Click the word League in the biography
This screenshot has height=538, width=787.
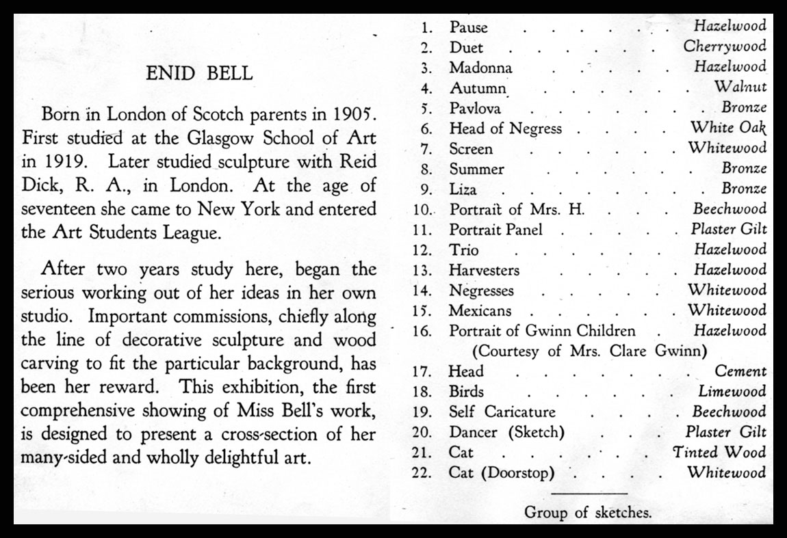pyautogui.click(x=189, y=231)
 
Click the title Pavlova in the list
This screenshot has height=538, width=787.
pyautogui.click(x=475, y=108)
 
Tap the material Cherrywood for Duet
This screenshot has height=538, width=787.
pyautogui.click(x=725, y=47)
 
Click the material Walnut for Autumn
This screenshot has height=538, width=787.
pyautogui.click(x=740, y=88)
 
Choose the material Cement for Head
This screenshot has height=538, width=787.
pyautogui.click(x=740, y=371)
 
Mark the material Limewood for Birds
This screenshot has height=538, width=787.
pyautogui.click(x=732, y=392)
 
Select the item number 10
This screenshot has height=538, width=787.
pyautogui.click(x=422, y=209)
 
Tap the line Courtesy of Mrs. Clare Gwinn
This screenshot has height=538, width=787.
pyautogui.click(x=589, y=351)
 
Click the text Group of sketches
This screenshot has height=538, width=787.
pyautogui.click(x=588, y=512)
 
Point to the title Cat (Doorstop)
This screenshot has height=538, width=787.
pyautogui.click(x=502, y=472)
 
